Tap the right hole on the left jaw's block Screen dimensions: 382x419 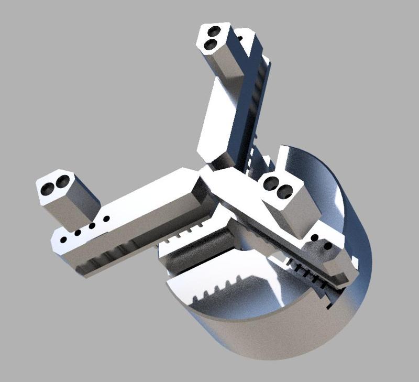point(62,181)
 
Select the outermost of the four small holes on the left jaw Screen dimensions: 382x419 point(63,239)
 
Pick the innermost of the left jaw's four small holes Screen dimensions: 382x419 point(106,219)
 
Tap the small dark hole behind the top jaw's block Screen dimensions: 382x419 point(240,38)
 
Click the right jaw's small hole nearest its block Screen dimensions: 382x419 point(314,238)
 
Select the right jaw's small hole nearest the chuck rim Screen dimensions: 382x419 point(328,245)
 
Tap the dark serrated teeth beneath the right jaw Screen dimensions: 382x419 point(309,272)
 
